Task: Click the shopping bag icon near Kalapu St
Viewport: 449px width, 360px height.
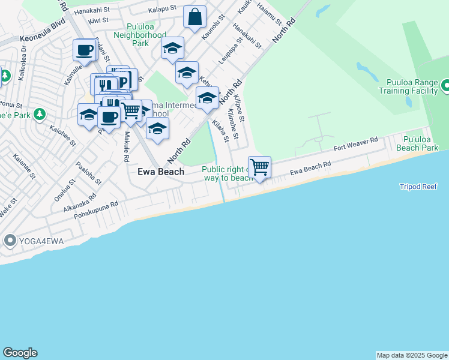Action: click(x=195, y=17)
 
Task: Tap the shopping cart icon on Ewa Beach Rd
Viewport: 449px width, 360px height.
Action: click(x=259, y=167)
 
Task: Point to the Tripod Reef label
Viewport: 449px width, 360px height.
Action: click(x=418, y=187)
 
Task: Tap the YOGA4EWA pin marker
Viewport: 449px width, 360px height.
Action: click(x=10, y=241)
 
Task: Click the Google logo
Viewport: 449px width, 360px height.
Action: click(x=20, y=353)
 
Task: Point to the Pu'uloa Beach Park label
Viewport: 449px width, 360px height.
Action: click(x=417, y=143)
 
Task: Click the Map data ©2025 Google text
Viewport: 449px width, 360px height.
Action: click(x=412, y=355)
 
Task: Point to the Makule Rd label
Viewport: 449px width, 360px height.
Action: click(x=127, y=149)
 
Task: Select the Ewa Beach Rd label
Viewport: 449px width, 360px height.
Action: click(x=310, y=168)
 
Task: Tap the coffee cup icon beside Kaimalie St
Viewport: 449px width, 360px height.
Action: click(x=85, y=50)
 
